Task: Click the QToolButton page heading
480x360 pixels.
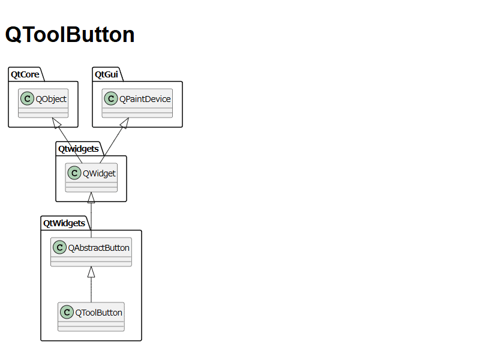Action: coord(70,34)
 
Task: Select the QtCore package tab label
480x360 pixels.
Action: coord(25,74)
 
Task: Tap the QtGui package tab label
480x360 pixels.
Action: coord(106,74)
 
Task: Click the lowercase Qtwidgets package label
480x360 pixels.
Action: coord(79,149)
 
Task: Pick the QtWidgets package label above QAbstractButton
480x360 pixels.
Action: coord(64,223)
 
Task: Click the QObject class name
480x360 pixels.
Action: coord(51,99)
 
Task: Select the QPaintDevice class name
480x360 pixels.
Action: coord(145,99)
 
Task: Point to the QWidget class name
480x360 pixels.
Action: coord(99,173)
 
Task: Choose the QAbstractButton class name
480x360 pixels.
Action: coord(98,248)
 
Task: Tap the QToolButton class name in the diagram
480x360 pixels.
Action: coord(98,313)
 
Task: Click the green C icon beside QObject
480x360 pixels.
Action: coord(27,98)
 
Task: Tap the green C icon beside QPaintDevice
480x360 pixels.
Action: coord(111,98)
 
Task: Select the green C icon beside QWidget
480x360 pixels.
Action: coord(74,173)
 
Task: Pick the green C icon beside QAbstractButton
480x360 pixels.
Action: coord(59,247)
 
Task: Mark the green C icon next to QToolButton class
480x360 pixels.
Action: coord(67,312)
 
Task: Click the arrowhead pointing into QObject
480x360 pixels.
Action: coord(56,123)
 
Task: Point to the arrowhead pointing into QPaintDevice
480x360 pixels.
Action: coord(125,123)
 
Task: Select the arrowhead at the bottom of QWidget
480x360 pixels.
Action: coord(91,197)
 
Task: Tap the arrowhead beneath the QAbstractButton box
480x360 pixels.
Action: coord(91,272)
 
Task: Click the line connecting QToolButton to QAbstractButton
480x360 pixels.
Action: coord(91,290)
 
